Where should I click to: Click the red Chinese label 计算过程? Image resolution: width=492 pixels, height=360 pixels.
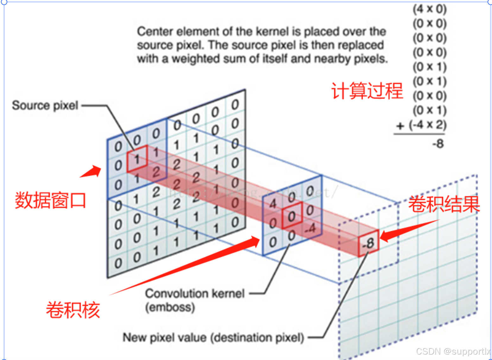[367, 91]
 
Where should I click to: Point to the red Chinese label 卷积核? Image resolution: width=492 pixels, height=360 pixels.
[73, 310]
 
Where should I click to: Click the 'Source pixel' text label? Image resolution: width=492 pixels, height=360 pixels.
[45, 106]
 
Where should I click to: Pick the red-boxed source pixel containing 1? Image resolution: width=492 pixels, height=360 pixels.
[137, 159]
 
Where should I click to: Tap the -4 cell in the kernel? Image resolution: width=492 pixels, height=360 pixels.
[311, 228]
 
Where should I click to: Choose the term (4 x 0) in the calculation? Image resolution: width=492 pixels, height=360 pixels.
[429, 9]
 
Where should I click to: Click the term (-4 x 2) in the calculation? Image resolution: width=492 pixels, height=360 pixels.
[427, 125]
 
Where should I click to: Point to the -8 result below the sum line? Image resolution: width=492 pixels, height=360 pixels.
[438, 144]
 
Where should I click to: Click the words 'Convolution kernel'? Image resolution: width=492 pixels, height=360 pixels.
[195, 294]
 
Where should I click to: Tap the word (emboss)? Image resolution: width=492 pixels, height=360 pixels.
[170, 307]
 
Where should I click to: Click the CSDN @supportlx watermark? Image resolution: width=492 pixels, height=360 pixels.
[453, 351]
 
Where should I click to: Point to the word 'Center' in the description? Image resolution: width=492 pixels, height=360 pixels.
[155, 32]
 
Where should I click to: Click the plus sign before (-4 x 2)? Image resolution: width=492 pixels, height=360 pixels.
[400, 126]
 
